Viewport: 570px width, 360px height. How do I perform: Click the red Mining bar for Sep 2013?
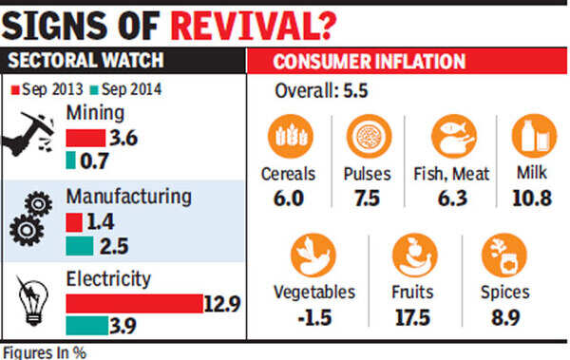(x=85, y=138)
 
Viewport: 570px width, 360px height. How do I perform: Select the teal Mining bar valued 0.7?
(x=71, y=161)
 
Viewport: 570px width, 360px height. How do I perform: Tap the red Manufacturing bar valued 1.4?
(x=74, y=222)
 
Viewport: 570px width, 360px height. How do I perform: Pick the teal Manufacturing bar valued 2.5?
(x=80, y=246)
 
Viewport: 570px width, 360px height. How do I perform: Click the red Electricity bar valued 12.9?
(x=135, y=304)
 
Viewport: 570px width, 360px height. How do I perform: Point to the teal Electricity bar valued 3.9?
(x=87, y=326)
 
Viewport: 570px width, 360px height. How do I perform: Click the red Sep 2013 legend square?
(x=15, y=90)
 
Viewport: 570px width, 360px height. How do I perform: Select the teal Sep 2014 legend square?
(x=94, y=90)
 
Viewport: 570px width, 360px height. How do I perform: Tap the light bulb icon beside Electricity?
(x=32, y=301)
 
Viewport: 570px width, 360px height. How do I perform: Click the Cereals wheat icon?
(x=291, y=137)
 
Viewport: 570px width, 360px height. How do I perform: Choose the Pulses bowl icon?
(x=369, y=137)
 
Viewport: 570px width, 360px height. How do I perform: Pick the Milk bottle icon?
(x=534, y=137)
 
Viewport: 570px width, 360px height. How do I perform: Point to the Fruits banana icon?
(x=415, y=256)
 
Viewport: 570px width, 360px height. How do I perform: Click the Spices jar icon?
(x=504, y=256)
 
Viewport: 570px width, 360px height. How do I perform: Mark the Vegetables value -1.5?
(x=314, y=318)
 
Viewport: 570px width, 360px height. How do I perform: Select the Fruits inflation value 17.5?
(x=412, y=318)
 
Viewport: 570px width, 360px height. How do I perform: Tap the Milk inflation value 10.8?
(x=532, y=199)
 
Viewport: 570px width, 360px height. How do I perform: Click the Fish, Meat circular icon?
(x=454, y=137)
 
